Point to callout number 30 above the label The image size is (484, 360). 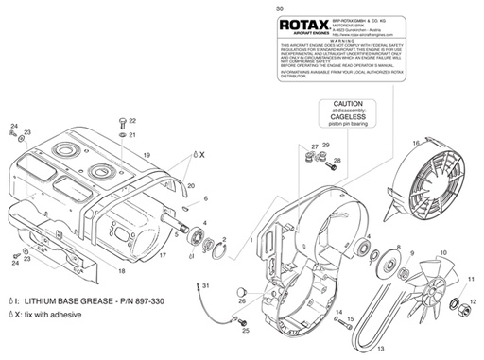tap(278, 9)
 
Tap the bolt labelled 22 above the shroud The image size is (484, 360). tap(124, 122)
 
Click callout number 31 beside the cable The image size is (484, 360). tap(207, 284)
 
